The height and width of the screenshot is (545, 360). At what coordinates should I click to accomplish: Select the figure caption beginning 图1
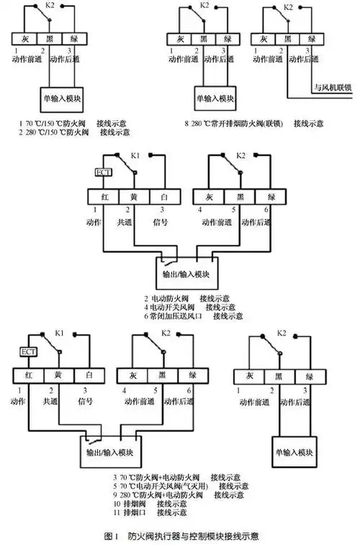click(x=179, y=536)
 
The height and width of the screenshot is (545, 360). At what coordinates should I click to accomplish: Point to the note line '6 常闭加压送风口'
click(x=194, y=315)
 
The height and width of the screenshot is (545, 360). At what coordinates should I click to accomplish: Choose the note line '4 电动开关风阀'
click(x=194, y=307)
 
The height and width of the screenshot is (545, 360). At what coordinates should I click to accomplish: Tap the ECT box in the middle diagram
click(x=104, y=172)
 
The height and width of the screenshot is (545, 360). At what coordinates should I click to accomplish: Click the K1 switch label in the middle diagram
click(x=135, y=156)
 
